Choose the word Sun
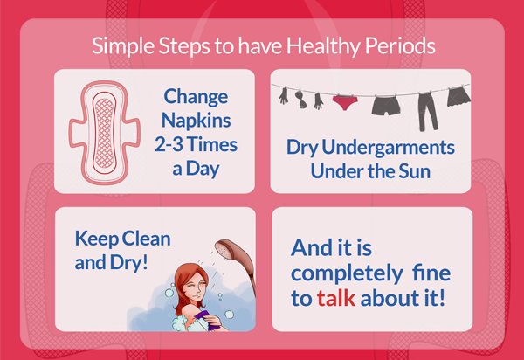(x=415, y=170)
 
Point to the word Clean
(x=144, y=238)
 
